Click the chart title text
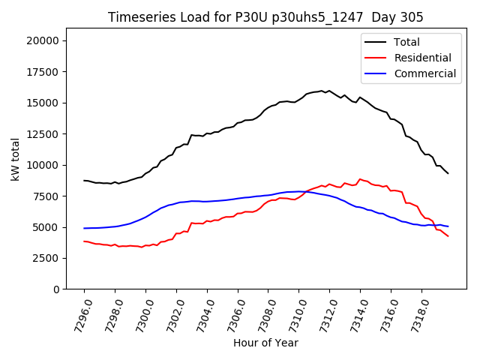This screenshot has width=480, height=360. tap(265, 17)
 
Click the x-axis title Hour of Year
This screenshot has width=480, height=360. tap(265, 343)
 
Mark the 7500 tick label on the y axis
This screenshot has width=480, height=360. tap(48, 196)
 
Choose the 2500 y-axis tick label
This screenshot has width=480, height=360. tap(48, 258)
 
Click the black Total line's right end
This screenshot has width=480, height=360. tap(448, 173)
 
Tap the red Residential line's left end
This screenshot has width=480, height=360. tap(84, 241)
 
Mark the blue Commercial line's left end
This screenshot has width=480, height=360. tap(84, 228)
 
